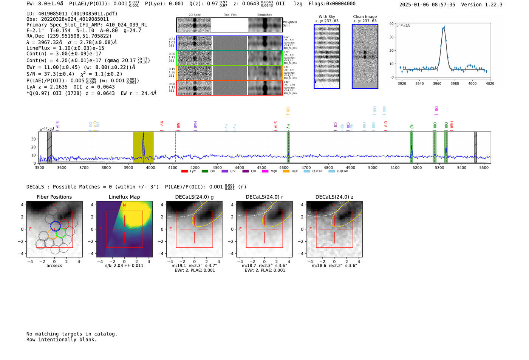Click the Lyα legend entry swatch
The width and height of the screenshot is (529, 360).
[x=184, y=172]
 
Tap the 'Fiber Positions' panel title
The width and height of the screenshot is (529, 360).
[x=54, y=197]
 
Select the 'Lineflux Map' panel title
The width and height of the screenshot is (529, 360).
[x=124, y=197]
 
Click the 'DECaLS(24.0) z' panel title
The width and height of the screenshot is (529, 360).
[x=334, y=197]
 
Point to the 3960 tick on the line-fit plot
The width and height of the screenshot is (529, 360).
[x=437, y=83]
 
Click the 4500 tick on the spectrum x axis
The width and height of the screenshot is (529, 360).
[x=261, y=168]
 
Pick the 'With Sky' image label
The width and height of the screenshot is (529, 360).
[x=327, y=17]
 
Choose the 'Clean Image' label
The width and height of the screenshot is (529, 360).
[x=365, y=17]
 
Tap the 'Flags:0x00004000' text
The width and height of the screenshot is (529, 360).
[x=332, y=4]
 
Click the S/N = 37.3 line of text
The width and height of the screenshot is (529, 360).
[x=74, y=74]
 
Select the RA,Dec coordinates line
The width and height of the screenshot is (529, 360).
[x=69, y=36]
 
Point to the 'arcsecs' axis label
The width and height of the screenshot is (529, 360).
[x=54, y=266]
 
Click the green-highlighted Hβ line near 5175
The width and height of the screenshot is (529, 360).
[x=411, y=147]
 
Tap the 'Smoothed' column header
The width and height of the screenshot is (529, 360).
[x=264, y=15]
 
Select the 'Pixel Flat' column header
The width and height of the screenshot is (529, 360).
[x=230, y=15]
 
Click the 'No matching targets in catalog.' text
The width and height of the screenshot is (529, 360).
[x=72, y=334]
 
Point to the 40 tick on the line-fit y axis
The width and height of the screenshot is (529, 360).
[x=391, y=24]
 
